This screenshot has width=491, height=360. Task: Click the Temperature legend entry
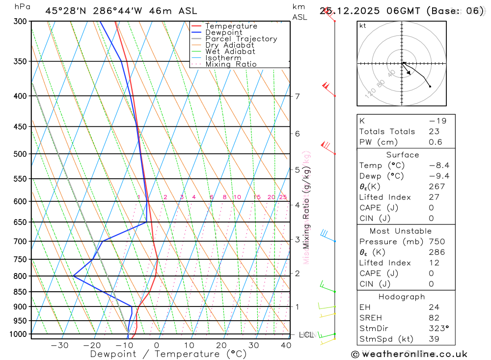tap(231, 26)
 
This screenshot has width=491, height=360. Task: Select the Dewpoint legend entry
tap(223, 32)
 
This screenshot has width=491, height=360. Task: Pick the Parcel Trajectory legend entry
tap(241, 39)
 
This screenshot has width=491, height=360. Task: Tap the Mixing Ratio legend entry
tap(231, 64)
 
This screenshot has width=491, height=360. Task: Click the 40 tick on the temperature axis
tap(286, 345)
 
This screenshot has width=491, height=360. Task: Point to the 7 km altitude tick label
tap(297, 96)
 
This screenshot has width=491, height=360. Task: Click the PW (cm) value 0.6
tap(436, 142)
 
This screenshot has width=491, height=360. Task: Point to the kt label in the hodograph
tap(363, 26)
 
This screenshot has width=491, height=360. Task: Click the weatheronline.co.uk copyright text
tap(409, 354)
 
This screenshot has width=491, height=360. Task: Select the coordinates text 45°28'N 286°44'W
tap(121, 11)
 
